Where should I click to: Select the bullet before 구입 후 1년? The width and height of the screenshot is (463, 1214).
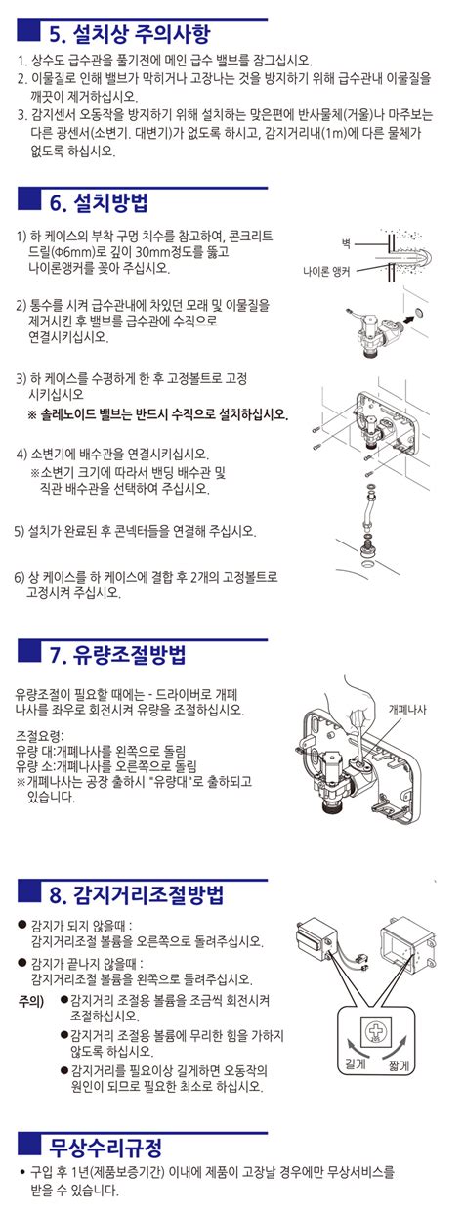(21, 1171)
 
